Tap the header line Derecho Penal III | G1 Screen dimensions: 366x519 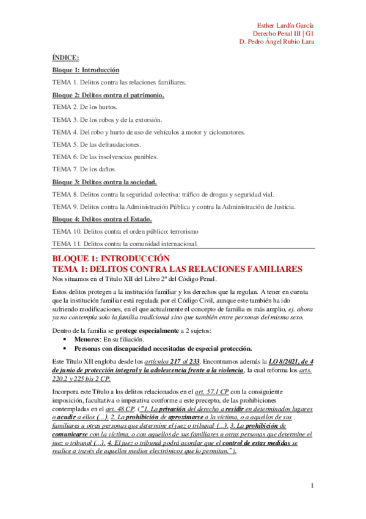pyautogui.click(x=284, y=33)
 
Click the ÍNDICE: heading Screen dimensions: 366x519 pyautogui.click(x=65, y=58)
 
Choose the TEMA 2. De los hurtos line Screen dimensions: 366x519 pyautogui.click(x=84, y=106)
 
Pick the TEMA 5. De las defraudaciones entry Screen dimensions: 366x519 pyautogui.click(x=97, y=144)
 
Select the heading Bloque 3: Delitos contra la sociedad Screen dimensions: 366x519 pyautogui.click(x=104, y=182)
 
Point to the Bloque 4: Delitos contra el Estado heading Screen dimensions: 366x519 pyautogui.click(x=102, y=219)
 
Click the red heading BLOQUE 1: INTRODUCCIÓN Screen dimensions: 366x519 pyautogui.click(x=114, y=259)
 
